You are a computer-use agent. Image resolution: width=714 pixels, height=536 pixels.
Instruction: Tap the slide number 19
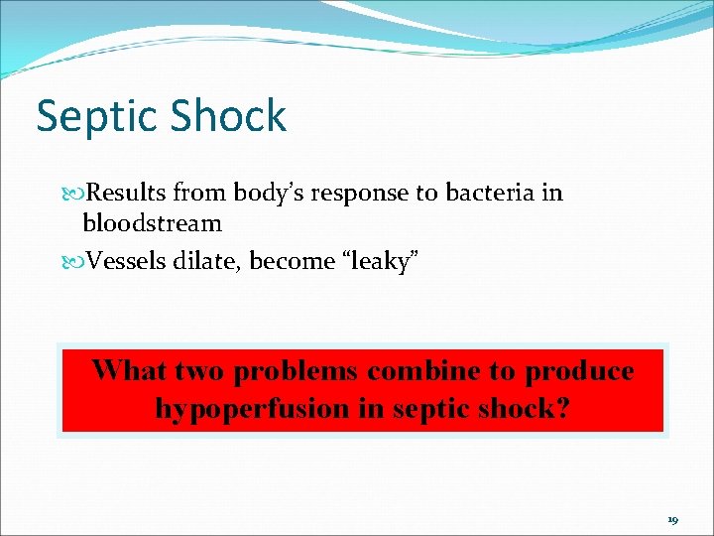click(x=672, y=519)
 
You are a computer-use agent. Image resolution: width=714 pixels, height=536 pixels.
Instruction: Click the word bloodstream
click(x=152, y=222)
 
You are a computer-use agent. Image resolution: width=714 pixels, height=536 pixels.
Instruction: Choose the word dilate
click(x=210, y=261)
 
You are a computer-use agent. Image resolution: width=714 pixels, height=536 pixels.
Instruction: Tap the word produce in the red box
click(x=579, y=371)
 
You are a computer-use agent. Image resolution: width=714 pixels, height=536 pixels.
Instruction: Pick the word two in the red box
click(x=199, y=371)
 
